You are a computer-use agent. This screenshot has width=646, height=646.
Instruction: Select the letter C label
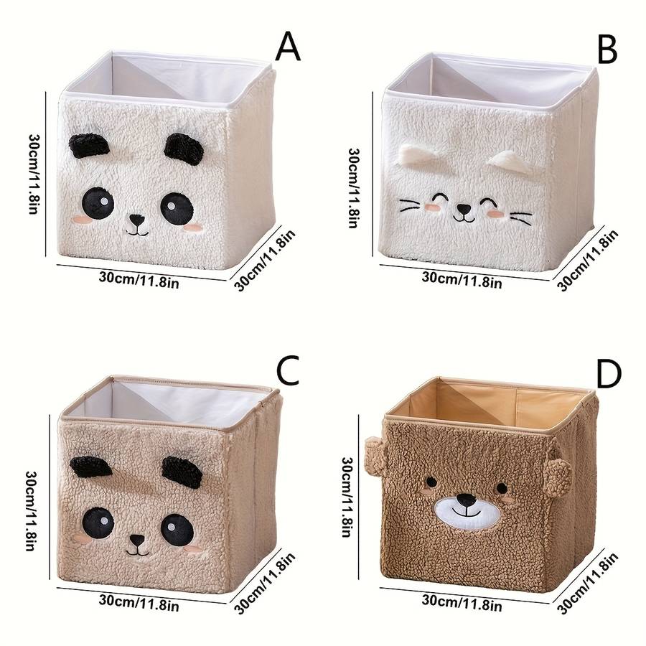[287, 370]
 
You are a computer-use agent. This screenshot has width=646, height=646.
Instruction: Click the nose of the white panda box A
[136, 221]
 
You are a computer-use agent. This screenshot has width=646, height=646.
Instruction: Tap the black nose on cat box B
[464, 210]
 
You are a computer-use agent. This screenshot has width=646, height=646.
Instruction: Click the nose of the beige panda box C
[137, 540]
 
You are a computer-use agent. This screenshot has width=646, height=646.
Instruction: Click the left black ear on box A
[89, 146]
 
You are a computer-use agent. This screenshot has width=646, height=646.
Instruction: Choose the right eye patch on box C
[177, 529]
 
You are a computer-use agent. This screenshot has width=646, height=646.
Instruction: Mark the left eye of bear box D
[431, 481]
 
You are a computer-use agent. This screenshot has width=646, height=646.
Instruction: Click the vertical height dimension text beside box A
[34, 174]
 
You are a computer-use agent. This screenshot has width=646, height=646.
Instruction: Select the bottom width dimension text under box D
[462, 604]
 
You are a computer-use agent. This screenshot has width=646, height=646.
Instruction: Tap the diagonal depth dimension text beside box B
[588, 260]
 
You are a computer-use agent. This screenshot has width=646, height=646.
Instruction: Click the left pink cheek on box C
[83, 538]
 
